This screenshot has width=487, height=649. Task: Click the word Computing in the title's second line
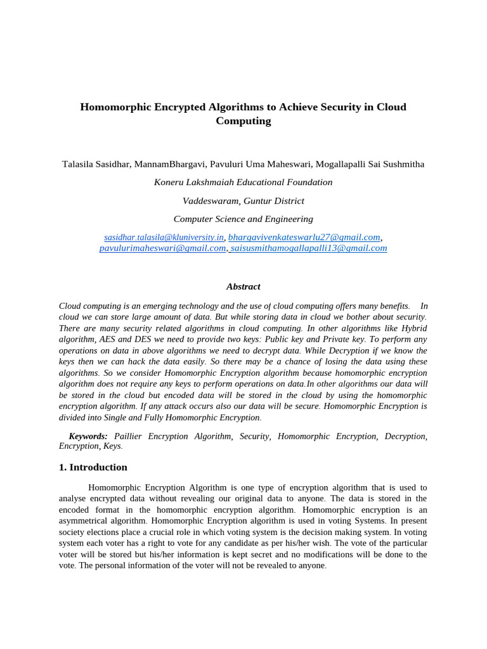click(243, 121)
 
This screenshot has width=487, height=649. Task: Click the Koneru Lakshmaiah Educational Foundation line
click(243, 183)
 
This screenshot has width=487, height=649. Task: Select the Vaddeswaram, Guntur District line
click(243, 201)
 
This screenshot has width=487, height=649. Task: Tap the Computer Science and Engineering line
click(243, 219)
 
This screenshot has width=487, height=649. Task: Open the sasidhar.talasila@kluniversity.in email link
click(164, 237)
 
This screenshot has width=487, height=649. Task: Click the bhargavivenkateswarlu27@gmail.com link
click(304, 237)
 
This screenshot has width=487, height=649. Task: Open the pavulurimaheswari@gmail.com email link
click(162, 248)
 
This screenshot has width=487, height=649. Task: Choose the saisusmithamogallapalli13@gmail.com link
click(308, 248)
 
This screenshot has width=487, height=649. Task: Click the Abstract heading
click(243, 287)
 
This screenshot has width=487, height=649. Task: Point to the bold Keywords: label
click(88, 437)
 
